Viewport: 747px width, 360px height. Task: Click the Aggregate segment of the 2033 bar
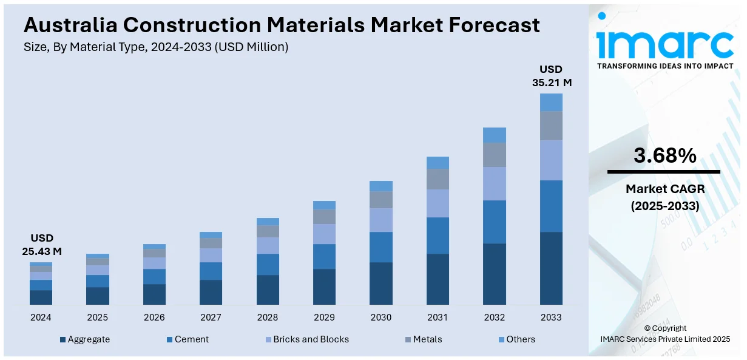(551, 268)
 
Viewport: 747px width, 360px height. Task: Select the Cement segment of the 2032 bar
(495, 222)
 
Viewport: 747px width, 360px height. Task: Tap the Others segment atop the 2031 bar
(438, 163)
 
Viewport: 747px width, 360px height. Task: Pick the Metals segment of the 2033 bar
(551, 126)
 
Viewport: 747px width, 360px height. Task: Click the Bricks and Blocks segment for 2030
(381, 220)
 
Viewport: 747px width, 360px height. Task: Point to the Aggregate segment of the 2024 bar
(41, 297)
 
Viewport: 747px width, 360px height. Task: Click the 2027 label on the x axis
(211, 318)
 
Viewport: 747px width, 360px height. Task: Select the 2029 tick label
(324, 318)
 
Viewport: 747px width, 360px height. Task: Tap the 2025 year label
(97, 318)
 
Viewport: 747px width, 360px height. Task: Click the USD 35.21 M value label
(552, 76)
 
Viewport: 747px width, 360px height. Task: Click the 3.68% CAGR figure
(664, 156)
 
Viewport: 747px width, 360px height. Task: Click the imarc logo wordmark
(664, 42)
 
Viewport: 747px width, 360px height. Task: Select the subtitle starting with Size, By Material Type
(156, 47)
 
